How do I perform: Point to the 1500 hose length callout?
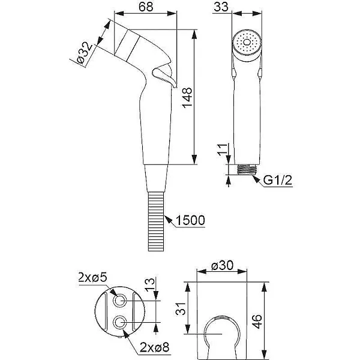click(x=190, y=221)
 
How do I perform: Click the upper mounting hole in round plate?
click(x=122, y=301)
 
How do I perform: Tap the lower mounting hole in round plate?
click(x=122, y=323)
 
